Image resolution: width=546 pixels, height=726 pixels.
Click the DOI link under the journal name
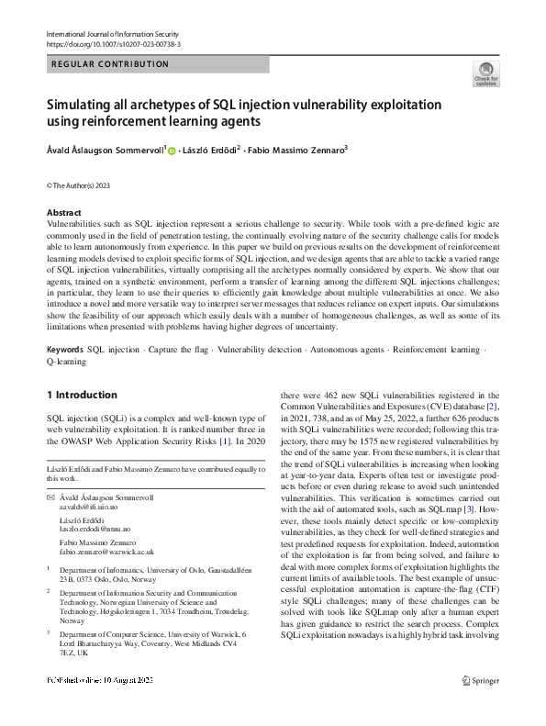(x=113, y=43)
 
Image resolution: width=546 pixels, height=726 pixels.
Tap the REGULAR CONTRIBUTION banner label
(x=111, y=64)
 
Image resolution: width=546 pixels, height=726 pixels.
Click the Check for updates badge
(x=485, y=73)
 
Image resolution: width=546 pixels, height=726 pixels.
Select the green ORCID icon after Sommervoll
(x=172, y=151)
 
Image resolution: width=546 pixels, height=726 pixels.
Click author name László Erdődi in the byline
(x=211, y=150)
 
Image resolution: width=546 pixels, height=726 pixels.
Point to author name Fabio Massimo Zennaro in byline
(x=299, y=150)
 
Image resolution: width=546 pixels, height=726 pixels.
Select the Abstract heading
(x=63, y=212)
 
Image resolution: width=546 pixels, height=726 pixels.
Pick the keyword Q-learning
(x=66, y=362)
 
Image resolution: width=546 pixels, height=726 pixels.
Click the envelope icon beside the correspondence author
(x=50, y=497)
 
